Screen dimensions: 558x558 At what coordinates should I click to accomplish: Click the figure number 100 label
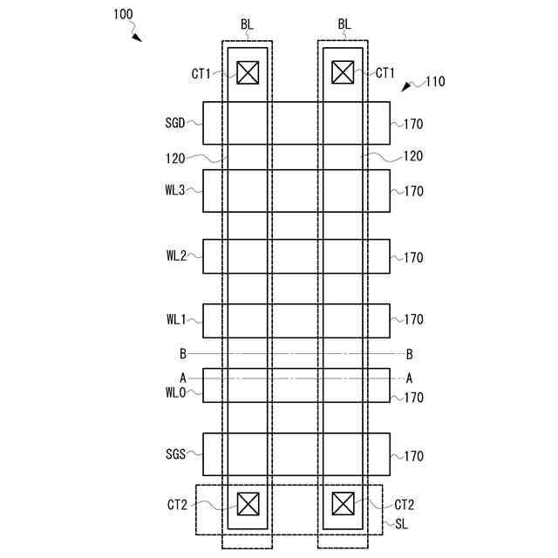click(x=123, y=15)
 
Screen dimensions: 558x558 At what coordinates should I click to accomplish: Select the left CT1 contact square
click(x=248, y=73)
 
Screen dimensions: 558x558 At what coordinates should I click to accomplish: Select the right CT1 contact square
click(x=344, y=73)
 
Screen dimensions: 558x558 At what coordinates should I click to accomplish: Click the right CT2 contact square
click(x=344, y=504)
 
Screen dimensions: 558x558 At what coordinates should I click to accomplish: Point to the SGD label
click(x=174, y=124)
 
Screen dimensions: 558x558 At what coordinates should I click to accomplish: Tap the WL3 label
click(x=174, y=191)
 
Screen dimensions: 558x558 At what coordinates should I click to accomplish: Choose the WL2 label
click(x=174, y=256)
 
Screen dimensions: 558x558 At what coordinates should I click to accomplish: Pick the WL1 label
click(x=174, y=320)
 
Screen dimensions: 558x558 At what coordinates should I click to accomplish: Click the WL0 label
click(x=174, y=392)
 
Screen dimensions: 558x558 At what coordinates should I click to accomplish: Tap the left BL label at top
click(x=247, y=24)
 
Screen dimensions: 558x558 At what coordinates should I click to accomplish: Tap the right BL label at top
click(x=343, y=24)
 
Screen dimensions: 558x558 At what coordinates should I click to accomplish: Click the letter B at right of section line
click(x=409, y=354)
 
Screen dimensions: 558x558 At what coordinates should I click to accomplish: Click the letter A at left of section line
click(x=182, y=378)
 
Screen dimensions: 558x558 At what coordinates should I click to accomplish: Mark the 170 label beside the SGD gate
click(x=413, y=124)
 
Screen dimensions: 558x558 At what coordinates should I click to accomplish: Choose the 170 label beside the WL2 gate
click(x=413, y=257)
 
